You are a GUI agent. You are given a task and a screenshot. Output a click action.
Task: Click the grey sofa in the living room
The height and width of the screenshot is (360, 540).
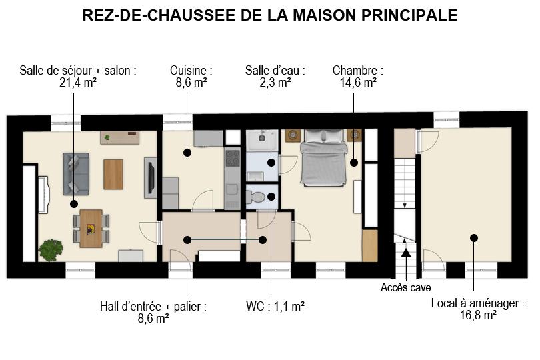click(x=76, y=174)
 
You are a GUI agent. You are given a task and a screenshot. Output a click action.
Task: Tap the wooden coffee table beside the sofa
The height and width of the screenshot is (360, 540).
click(x=113, y=174)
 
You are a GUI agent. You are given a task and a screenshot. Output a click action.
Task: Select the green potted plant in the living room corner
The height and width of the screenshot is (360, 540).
click(x=51, y=250)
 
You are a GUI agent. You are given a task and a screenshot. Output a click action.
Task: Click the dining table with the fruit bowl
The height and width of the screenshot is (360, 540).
click(x=91, y=229)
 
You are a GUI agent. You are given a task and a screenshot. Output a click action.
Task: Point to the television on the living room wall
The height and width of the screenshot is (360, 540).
click(x=151, y=177)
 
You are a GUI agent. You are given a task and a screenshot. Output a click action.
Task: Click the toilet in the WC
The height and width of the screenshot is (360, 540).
click(x=256, y=197)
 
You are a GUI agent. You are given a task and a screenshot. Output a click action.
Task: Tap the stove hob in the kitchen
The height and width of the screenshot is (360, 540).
click(x=233, y=158)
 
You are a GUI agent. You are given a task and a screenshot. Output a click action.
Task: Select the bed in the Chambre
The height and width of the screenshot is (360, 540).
click(x=323, y=157)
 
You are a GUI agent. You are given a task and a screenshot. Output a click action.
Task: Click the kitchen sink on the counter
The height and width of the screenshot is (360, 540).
click(x=233, y=189)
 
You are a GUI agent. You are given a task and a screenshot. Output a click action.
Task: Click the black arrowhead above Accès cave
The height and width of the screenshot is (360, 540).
click(x=407, y=252)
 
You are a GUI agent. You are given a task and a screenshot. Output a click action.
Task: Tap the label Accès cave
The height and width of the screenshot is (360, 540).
click(x=406, y=287)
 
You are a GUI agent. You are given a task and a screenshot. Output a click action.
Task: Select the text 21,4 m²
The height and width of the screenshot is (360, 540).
click(x=78, y=83)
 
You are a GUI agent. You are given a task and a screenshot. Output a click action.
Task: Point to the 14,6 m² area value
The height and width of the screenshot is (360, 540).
click(x=358, y=83)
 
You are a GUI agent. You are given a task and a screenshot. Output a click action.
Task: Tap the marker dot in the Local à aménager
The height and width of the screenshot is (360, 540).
click(x=474, y=238)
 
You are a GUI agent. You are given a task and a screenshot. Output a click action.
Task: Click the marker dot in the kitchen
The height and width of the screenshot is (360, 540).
click(x=187, y=153)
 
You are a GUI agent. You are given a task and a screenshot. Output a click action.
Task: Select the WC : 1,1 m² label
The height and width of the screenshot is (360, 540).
click(x=275, y=306)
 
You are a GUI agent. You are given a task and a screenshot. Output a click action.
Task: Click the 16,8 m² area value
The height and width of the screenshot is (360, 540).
click(x=478, y=315)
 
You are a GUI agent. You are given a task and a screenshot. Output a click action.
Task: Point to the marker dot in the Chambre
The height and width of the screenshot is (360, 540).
click(x=354, y=163)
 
